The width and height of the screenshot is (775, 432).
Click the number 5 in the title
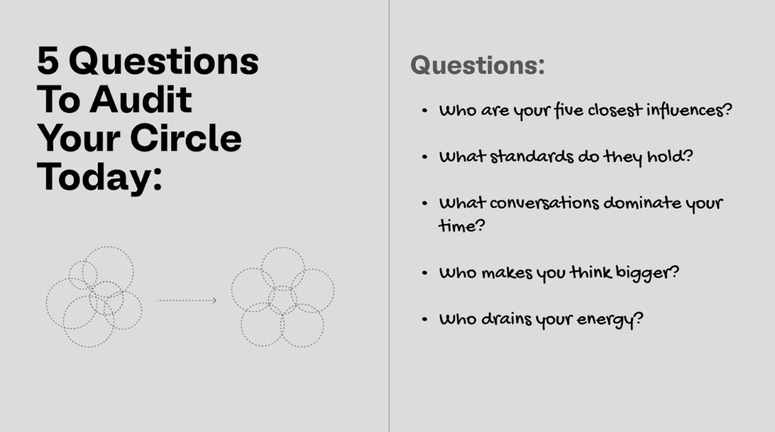coord(48,62)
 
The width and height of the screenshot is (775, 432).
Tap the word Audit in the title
coord(140,100)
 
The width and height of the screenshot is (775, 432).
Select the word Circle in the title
coord(186,138)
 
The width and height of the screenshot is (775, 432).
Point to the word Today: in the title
coord(100,177)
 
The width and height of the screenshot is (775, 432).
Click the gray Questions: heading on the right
coord(477,65)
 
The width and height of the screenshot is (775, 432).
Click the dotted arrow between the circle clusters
coord(187,300)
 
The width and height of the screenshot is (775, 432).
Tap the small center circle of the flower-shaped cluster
coord(283,300)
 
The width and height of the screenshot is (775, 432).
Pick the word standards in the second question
coord(532,157)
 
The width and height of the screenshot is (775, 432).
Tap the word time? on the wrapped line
coord(462,226)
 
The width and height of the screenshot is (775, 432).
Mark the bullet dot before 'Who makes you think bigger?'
coord(425,272)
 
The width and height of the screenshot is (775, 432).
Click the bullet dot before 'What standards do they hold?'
coord(425,157)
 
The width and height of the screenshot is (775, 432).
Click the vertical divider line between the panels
coord(389,216)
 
